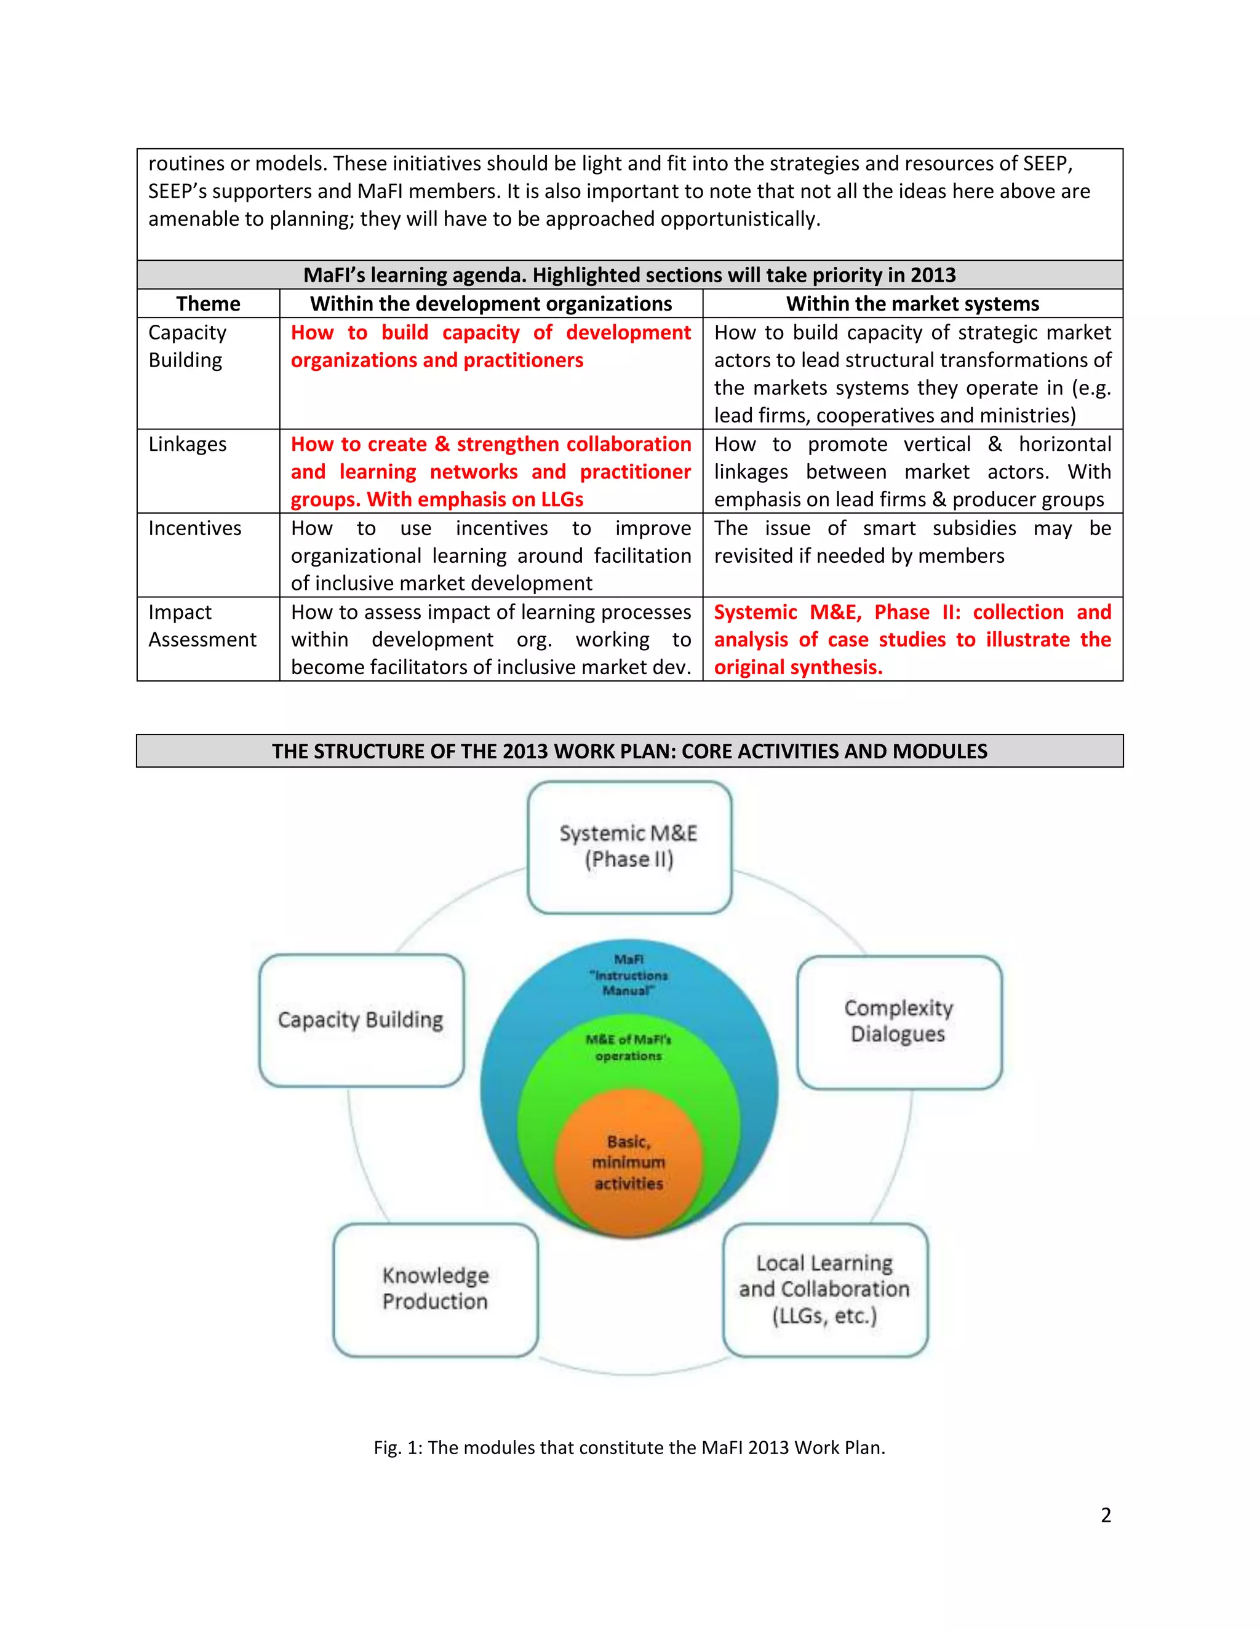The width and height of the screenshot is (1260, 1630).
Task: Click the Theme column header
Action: pos(209,304)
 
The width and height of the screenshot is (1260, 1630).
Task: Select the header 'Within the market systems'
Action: pos(912,304)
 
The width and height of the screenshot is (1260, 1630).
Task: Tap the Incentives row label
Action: pos(195,528)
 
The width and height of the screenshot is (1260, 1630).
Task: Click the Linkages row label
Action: pos(188,444)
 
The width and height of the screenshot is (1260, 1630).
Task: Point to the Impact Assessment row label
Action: pos(202,626)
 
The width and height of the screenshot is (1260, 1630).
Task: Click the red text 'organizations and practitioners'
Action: pos(437,360)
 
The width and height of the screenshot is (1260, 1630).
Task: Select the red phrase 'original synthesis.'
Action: pos(798,667)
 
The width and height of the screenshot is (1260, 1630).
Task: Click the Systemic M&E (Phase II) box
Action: pos(629,846)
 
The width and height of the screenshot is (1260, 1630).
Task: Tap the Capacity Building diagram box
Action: pos(361,1019)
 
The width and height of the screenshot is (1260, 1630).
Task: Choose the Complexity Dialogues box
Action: pos(899,1021)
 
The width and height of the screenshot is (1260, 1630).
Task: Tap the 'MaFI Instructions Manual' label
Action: pos(629,975)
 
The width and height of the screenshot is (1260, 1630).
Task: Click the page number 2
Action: pos(1106,1514)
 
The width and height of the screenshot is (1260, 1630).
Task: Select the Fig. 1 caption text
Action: pos(629,1447)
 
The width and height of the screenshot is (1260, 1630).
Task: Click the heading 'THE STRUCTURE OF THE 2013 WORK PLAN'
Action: pos(629,751)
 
